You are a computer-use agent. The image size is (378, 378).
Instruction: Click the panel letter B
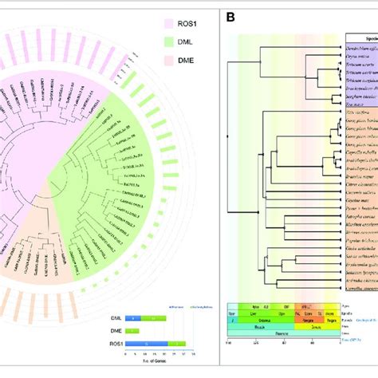point(230,17)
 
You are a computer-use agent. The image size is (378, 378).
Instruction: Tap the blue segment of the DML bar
point(144,317)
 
